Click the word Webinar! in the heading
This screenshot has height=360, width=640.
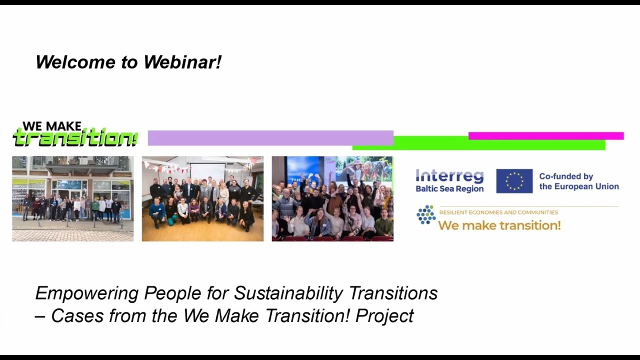pos(182,62)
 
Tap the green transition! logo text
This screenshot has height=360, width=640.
pos(75,138)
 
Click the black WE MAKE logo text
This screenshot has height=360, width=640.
pos(52,126)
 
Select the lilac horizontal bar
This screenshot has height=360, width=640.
pos(270,138)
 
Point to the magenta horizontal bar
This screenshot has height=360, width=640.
pos(545,135)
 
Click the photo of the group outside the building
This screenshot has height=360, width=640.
pos(72,198)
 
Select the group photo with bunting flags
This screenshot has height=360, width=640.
pos(202,198)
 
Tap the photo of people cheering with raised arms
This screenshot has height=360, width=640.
pos(332,198)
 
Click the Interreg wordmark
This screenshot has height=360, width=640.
pos(449,176)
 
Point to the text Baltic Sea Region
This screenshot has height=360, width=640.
pos(449,189)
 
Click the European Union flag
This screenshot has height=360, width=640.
pos(514,181)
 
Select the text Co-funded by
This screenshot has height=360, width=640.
pos(566,176)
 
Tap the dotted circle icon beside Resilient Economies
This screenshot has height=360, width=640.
pos(426,214)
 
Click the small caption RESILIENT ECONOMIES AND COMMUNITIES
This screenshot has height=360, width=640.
pos(498,212)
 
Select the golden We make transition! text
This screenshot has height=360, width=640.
pos(499,225)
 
